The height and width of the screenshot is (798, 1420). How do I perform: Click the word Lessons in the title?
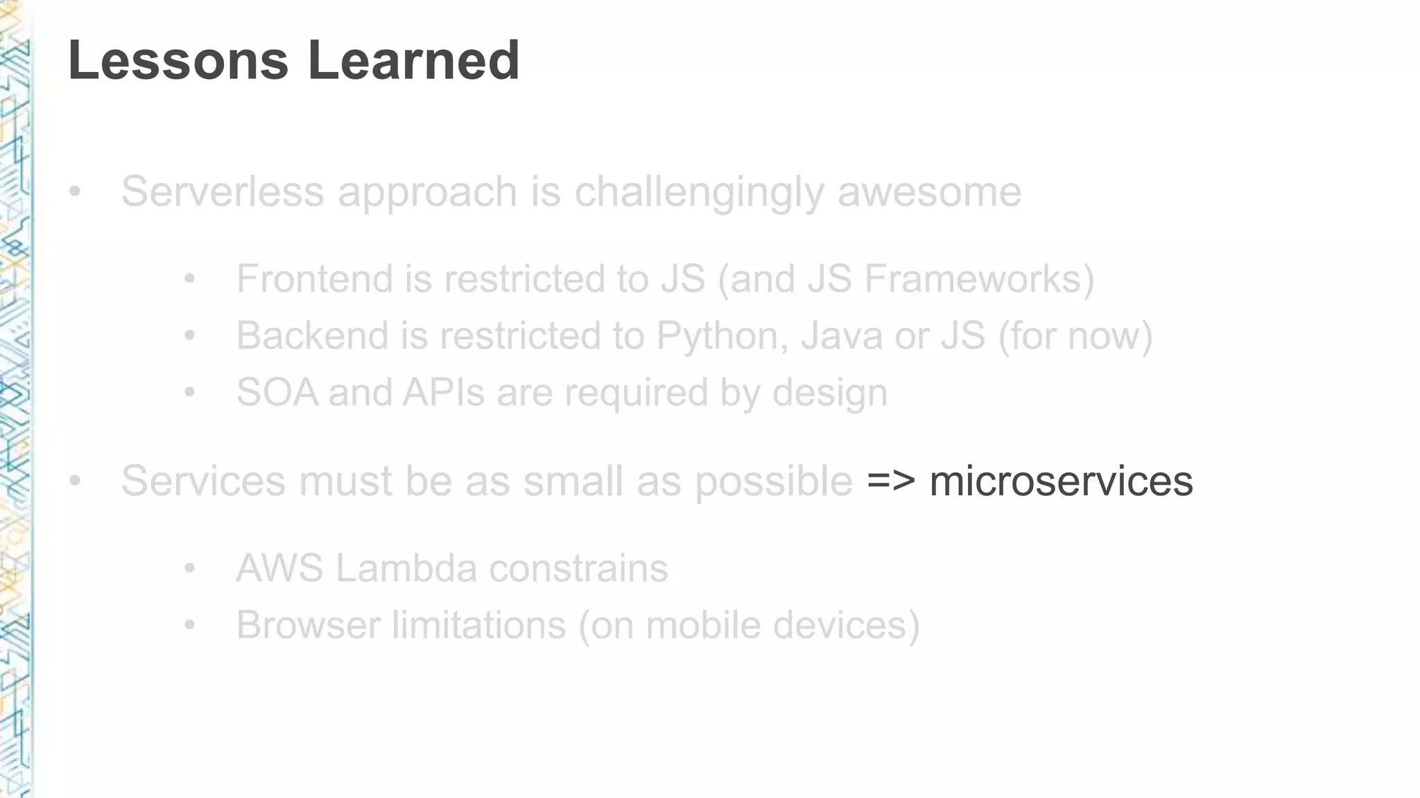(177, 60)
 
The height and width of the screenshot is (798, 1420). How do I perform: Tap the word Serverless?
(223, 191)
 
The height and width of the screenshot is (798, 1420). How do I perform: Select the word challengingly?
(699, 193)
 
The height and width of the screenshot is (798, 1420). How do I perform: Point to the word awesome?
(929, 191)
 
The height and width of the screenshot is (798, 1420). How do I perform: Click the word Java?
(840, 335)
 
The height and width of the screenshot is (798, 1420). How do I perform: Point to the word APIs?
(443, 392)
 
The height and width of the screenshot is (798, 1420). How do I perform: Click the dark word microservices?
(1061, 481)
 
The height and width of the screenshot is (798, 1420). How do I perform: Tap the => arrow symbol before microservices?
(891, 481)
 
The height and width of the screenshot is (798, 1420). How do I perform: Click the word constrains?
(578, 568)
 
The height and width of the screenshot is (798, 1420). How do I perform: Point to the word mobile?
(702, 625)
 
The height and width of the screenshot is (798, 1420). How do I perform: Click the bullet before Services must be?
(75, 480)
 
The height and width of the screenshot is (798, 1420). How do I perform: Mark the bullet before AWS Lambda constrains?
(190, 569)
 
